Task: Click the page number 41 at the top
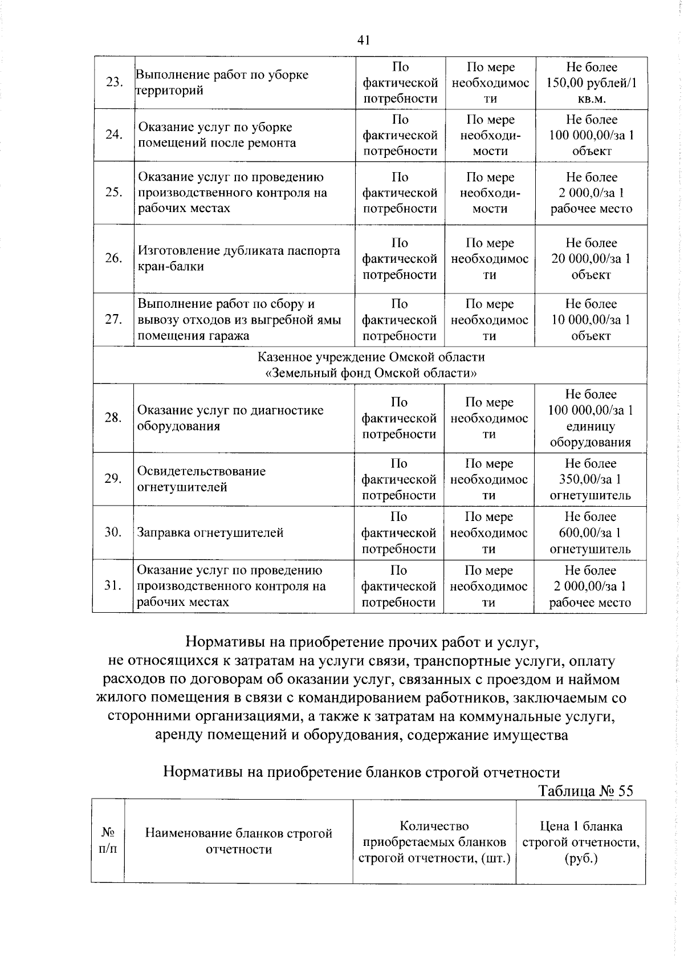click(x=364, y=40)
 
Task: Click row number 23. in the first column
click(x=115, y=83)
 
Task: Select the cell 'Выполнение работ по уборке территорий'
click(x=222, y=83)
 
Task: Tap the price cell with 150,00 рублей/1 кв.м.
click(x=591, y=83)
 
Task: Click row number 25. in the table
click(x=114, y=193)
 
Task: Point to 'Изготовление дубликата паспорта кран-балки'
click(x=238, y=259)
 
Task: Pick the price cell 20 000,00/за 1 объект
click(x=591, y=259)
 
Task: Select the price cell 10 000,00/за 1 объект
click(x=591, y=320)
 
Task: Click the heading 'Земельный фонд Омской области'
click(x=371, y=373)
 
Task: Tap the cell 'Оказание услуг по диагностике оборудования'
click(x=230, y=418)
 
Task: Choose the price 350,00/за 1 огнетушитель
click(x=590, y=479)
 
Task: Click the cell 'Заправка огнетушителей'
click(x=210, y=533)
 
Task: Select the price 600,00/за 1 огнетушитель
click(x=590, y=533)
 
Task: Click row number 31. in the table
click(x=113, y=586)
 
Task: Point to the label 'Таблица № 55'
click(x=585, y=791)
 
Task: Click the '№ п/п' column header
click(x=108, y=841)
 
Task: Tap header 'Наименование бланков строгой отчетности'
click(x=238, y=841)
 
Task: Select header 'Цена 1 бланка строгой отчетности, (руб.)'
click(x=580, y=842)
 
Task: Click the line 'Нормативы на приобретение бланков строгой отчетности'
click(x=361, y=772)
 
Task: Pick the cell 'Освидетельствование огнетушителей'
click(x=201, y=479)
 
